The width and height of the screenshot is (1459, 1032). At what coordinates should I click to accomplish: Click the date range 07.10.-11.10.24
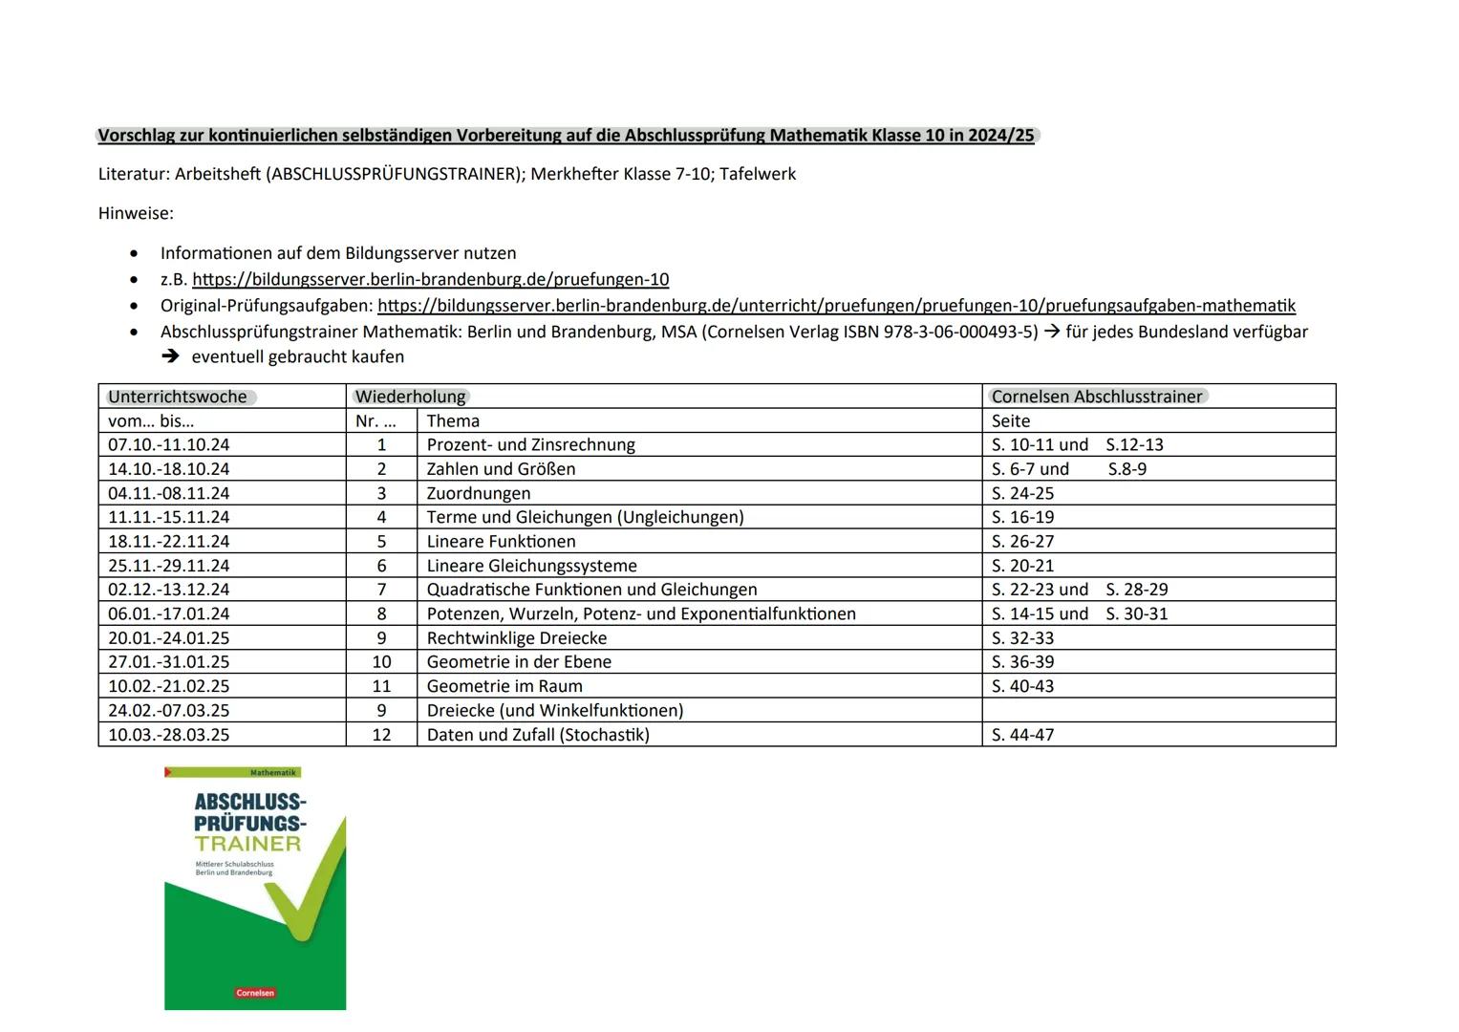[169, 445]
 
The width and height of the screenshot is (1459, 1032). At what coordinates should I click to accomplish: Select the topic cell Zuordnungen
[478, 494]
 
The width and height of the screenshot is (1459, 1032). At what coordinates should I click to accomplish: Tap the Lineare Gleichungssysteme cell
[531, 566]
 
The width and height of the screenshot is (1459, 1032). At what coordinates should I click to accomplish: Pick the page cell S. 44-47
[1022, 735]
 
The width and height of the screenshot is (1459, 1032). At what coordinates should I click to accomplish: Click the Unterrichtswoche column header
[178, 397]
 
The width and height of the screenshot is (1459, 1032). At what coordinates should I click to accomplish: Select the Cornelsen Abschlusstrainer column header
[1097, 397]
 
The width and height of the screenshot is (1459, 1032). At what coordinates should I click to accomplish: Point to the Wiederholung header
[411, 397]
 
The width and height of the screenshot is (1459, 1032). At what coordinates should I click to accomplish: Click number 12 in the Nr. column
[381, 735]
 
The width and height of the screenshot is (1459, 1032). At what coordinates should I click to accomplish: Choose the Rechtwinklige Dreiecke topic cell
[516, 638]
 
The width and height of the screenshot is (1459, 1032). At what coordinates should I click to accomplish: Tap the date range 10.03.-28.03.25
[169, 735]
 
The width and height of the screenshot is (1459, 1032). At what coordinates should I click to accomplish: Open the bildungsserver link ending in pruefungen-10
[430, 280]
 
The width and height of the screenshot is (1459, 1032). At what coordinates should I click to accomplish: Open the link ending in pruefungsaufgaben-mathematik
[836, 306]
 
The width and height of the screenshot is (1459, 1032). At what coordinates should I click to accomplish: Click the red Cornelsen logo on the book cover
[255, 993]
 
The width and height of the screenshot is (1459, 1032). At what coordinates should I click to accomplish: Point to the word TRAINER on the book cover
[248, 844]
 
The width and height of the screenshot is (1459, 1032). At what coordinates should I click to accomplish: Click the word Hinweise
[136, 213]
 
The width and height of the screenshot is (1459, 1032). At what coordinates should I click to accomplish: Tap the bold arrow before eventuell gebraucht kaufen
[170, 356]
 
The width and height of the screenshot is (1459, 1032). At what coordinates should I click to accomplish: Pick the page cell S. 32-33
[1022, 638]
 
